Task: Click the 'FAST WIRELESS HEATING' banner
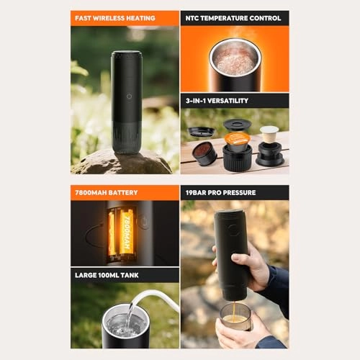tap(125, 18)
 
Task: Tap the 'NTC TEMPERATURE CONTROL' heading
tap(234, 18)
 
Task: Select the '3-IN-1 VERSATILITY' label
tap(234, 101)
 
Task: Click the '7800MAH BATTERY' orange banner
tap(125, 193)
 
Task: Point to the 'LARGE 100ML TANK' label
tap(125, 275)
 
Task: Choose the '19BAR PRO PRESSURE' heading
tap(234, 193)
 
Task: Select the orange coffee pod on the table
tap(237, 139)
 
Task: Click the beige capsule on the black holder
tap(269, 134)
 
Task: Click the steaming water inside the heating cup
tap(234, 62)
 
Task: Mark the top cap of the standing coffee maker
tap(127, 55)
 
